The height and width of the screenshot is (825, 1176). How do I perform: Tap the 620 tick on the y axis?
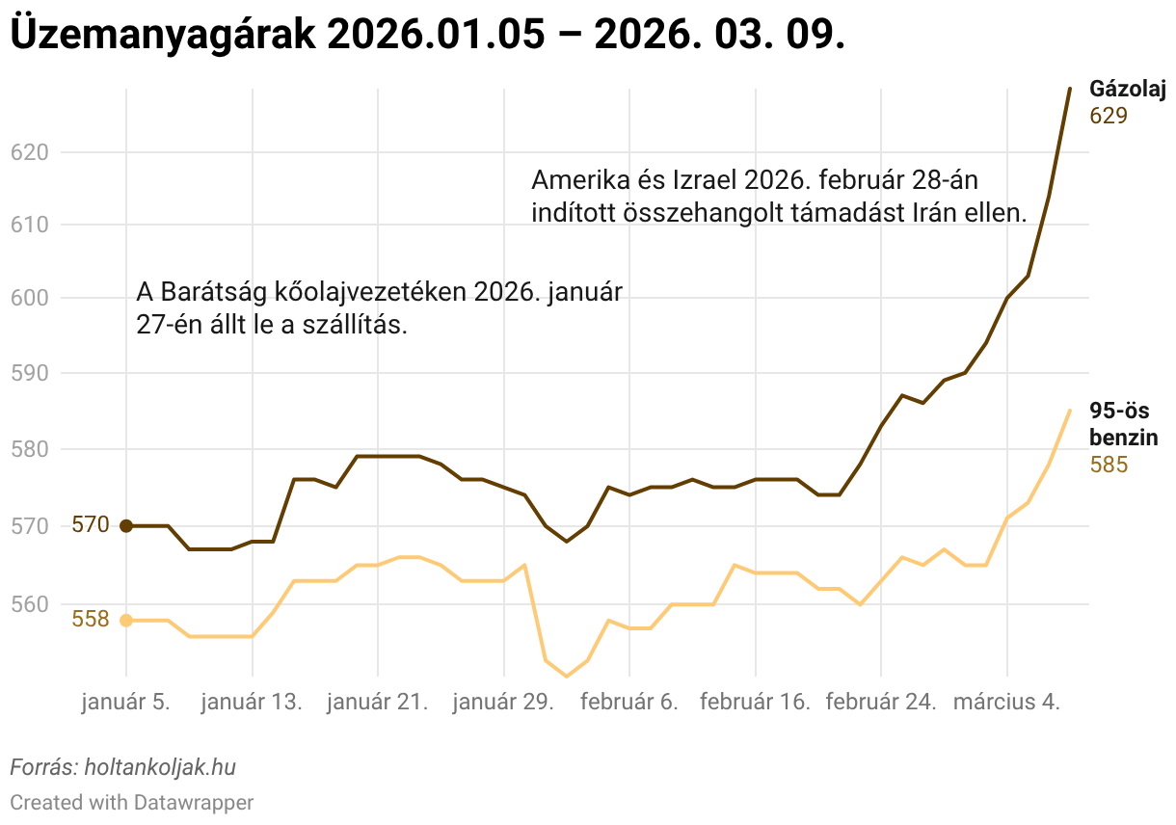[x=27, y=152]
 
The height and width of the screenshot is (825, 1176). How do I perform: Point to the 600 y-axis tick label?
[x=27, y=299]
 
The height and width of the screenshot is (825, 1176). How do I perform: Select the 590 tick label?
[x=27, y=374]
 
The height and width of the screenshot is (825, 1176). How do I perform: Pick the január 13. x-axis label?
[x=252, y=703]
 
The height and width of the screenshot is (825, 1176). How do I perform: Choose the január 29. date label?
[x=503, y=703]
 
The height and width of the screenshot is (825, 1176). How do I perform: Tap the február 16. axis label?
[x=755, y=703]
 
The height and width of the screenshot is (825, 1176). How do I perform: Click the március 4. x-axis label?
[x=1006, y=703]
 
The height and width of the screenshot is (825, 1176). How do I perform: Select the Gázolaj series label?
[x=1127, y=90]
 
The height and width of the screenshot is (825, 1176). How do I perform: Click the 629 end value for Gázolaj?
[x=1109, y=116]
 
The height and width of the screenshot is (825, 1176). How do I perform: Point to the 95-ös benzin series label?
[x=1123, y=424]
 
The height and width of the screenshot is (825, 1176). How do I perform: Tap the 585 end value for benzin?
[x=1109, y=466]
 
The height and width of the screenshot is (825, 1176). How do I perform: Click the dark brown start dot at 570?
[x=126, y=526]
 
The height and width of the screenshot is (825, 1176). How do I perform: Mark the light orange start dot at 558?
[x=126, y=621]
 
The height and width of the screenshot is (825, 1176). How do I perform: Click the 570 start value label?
[x=91, y=526]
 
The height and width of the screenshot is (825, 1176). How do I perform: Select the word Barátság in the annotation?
[x=206, y=292]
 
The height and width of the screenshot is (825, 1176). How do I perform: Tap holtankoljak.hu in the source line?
[x=160, y=768]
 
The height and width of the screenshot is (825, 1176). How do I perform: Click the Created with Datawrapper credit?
[x=132, y=802]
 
